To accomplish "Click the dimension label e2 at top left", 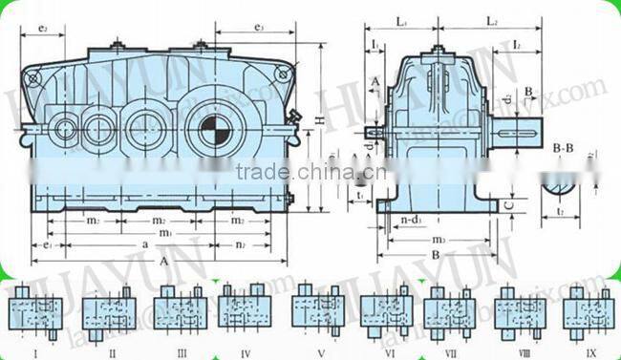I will (46, 30).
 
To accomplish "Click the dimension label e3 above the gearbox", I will (259, 30).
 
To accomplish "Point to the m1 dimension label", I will (165, 233).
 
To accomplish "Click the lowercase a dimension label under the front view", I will (145, 246).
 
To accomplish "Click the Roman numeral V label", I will (319, 352).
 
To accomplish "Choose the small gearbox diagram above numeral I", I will (36, 311).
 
